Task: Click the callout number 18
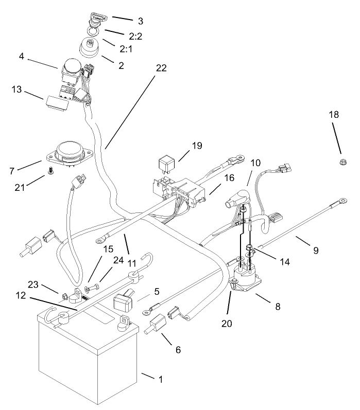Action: click(334, 115)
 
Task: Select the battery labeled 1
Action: click(88, 360)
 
